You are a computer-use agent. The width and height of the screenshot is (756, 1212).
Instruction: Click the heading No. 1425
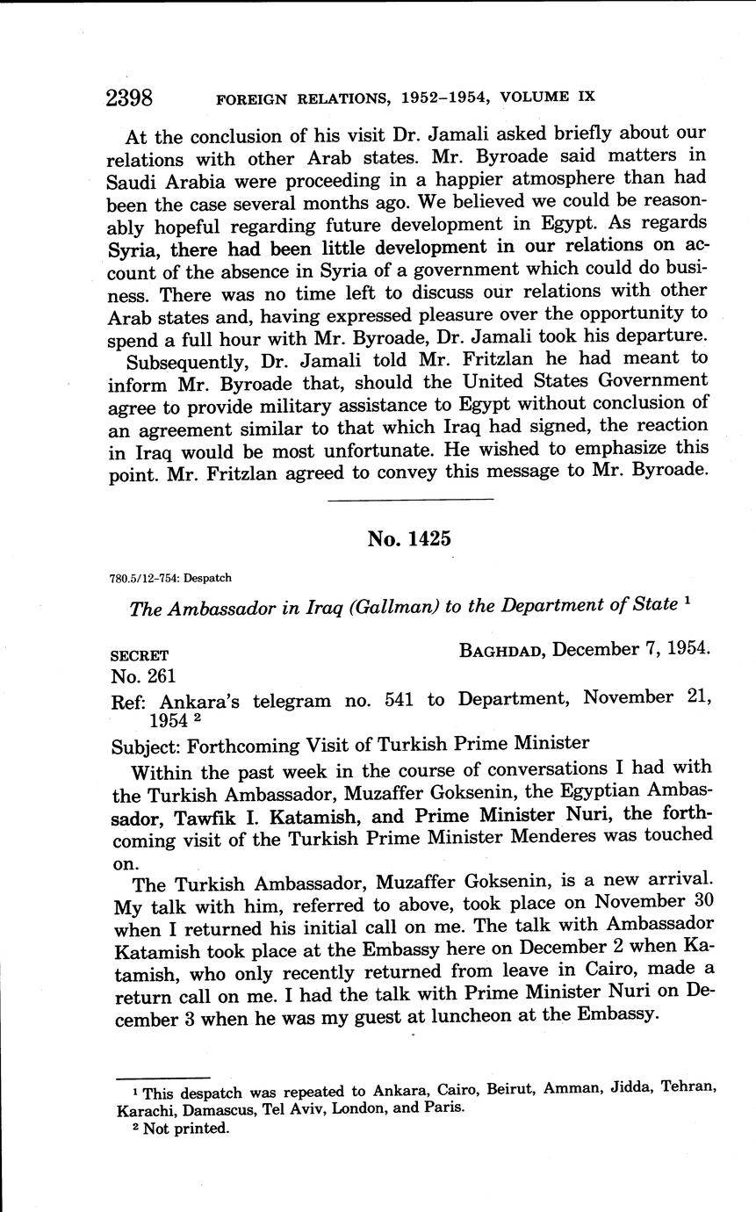409,538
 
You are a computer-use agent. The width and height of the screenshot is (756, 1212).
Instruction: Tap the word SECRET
140,655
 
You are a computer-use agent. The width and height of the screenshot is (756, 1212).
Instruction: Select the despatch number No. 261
144,676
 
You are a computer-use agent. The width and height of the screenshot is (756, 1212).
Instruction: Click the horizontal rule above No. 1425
409,499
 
